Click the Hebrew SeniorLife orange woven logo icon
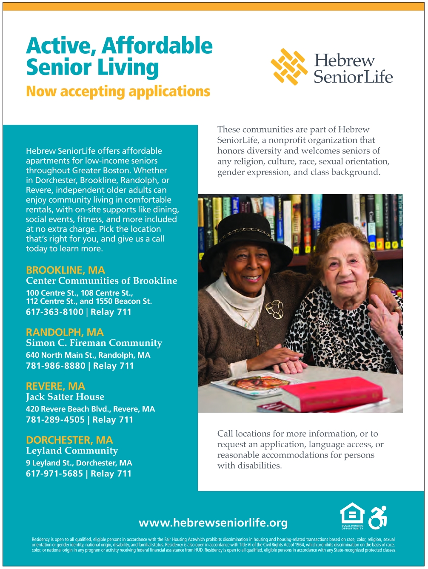(x=289, y=67)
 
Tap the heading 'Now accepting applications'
(x=118, y=92)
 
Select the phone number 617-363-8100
(x=54, y=312)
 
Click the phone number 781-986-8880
(x=55, y=366)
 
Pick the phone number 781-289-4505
(x=55, y=420)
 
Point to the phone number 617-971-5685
(x=54, y=474)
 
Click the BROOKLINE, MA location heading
(x=66, y=270)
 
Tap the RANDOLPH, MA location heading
(x=65, y=333)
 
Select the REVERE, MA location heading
(x=56, y=386)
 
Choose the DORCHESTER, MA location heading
(x=69, y=440)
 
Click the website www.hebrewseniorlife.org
(x=213, y=523)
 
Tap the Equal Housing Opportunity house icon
(x=352, y=516)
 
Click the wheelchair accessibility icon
(x=378, y=517)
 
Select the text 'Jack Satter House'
(x=65, y=397)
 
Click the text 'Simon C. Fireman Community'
(x=94, y=343)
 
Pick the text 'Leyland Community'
(x=72, y=451)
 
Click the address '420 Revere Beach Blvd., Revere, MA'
(x=90, y=409)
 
